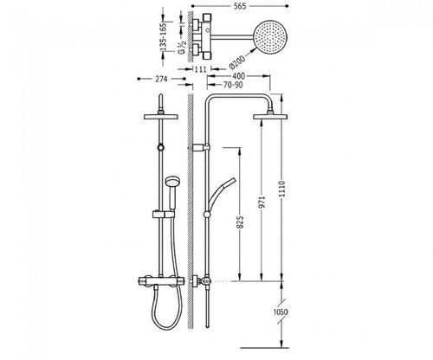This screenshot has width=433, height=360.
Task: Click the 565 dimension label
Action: (240, 6)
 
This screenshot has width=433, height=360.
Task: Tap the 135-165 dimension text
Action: (164, 37)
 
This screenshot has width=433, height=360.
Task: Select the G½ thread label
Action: (182, 48)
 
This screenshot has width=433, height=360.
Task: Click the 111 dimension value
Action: (201, 69)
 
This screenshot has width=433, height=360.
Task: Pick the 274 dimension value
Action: (161, 79)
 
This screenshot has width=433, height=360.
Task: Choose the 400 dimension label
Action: (238, 76)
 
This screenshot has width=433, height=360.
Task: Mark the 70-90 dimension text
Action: (233, 85)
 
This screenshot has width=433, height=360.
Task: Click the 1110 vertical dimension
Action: (282, 189)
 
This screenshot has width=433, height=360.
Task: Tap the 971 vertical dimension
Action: (262, 202)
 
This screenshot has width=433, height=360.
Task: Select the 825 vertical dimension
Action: (240, 222)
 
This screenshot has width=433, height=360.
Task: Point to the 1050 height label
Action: (281, 312)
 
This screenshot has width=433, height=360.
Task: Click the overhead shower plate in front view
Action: (161, 117)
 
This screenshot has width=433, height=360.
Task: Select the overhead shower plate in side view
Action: (270, 117)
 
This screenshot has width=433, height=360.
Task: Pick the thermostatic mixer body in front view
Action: (161, 280)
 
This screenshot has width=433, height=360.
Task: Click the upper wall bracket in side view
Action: (199, 147)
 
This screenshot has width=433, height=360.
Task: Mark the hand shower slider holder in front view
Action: (163, 215)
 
